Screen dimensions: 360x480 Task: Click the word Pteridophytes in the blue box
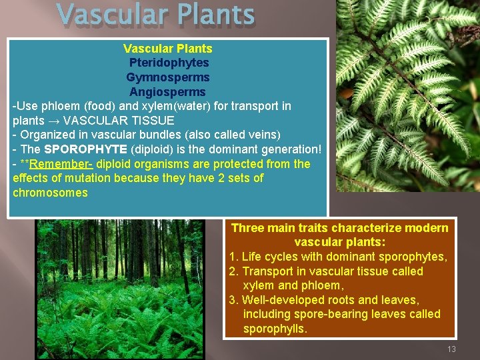click(168, 63)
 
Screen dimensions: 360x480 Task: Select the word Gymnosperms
click(168, 77)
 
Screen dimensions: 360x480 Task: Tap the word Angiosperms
click(168, 92)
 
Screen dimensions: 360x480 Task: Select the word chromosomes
click(50, 193)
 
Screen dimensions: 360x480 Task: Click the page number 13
click(451, 349)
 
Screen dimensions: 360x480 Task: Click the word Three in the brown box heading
click(248, 228)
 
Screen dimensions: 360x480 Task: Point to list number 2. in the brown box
click(233, 271)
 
